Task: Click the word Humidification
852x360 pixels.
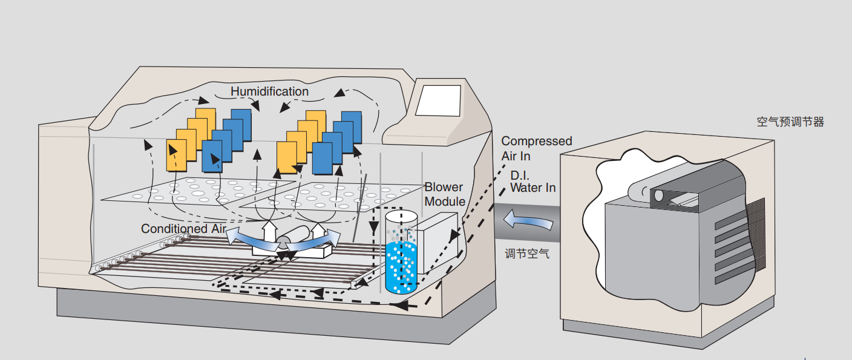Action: point(269,91)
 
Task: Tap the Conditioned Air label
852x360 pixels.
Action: point(183,229)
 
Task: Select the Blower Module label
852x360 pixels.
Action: point(445,194)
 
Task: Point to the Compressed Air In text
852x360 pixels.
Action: point(536,148)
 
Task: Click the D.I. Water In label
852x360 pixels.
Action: point(532,182)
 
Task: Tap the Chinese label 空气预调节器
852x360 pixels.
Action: point(790,122)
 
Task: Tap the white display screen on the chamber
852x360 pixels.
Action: point(437,100)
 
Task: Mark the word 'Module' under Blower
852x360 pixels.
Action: point(445,201)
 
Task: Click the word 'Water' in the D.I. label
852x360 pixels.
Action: point(526,188)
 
